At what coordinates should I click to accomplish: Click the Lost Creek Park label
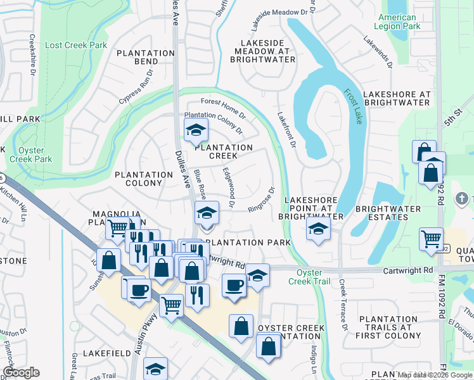tap(76, 45)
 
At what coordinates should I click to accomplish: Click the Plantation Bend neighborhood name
tap(146, 57)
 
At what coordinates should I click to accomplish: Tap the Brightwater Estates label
tap(388, 213)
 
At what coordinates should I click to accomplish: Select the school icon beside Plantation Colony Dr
tap(196, 131)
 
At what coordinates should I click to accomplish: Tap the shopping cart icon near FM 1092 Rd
tap(431, 239)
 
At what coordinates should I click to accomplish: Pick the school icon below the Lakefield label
tap(155, 369)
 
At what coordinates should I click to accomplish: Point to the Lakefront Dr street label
tap(287, 130)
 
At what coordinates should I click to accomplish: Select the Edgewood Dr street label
tap(227, 187)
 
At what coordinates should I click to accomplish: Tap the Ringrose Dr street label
tap(262, 199)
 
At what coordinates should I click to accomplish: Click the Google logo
tap(21, 372)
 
